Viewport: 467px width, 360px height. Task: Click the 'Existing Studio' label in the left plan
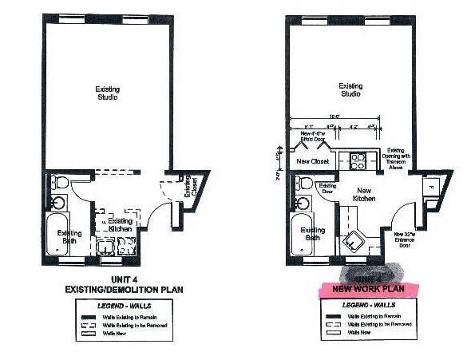point(106,93)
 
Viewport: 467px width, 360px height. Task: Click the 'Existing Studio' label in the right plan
point(350,90)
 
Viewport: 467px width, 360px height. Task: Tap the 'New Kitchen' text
point(365,194)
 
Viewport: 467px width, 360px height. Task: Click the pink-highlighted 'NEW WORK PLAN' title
point(364,287)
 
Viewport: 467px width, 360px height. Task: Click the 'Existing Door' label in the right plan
point(328,188)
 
